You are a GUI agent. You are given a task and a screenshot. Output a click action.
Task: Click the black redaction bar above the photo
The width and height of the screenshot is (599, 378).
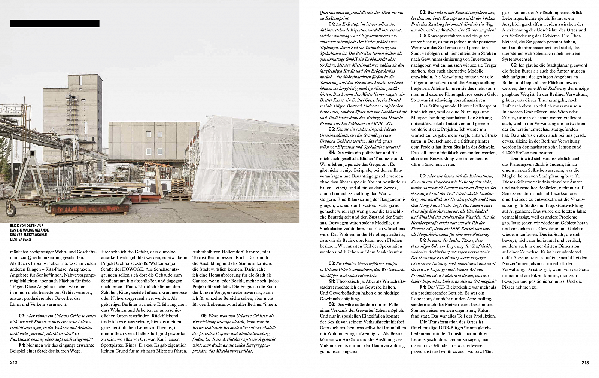(55, 24)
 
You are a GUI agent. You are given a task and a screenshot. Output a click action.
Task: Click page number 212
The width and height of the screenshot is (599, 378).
(14, 362)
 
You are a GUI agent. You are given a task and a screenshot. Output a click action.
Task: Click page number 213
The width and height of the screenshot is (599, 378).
(585, 362)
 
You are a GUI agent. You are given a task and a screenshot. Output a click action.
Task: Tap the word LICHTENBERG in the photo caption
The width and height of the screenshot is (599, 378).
(21, 239)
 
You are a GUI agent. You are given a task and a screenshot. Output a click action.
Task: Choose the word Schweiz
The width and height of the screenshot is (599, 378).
(483, 147)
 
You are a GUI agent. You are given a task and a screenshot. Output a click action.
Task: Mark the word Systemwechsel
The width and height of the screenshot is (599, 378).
(517, 59)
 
